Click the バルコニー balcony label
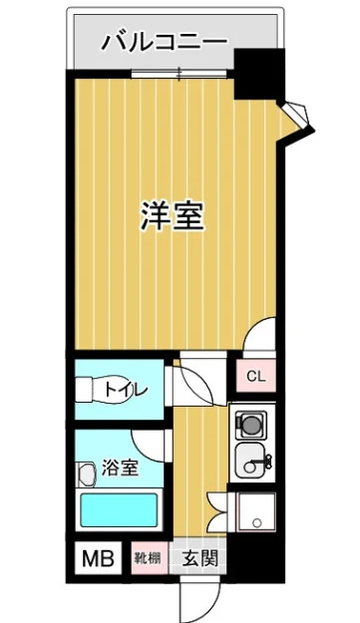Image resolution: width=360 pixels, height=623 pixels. (x=165, y=43)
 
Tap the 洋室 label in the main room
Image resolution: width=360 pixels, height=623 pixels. (x=173, y=215)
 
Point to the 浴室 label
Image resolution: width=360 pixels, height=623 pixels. (x=120, y=468)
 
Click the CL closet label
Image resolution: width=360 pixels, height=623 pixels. (x=256, y=376)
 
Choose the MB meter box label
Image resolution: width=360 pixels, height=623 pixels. (x=98, y=559)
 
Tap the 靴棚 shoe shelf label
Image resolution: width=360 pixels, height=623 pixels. (x=147, y=558)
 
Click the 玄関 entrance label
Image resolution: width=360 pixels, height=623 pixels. (x=200, y=558)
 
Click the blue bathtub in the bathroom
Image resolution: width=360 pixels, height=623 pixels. (x=119, y=510)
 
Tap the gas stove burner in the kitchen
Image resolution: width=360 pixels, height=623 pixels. (x=249, y=426)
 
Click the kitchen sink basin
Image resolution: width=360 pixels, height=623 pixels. (x=249, y=461)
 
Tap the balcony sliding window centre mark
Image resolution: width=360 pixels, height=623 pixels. (x=180, y=74)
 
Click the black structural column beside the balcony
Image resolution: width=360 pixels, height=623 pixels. (x=258, y=74)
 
